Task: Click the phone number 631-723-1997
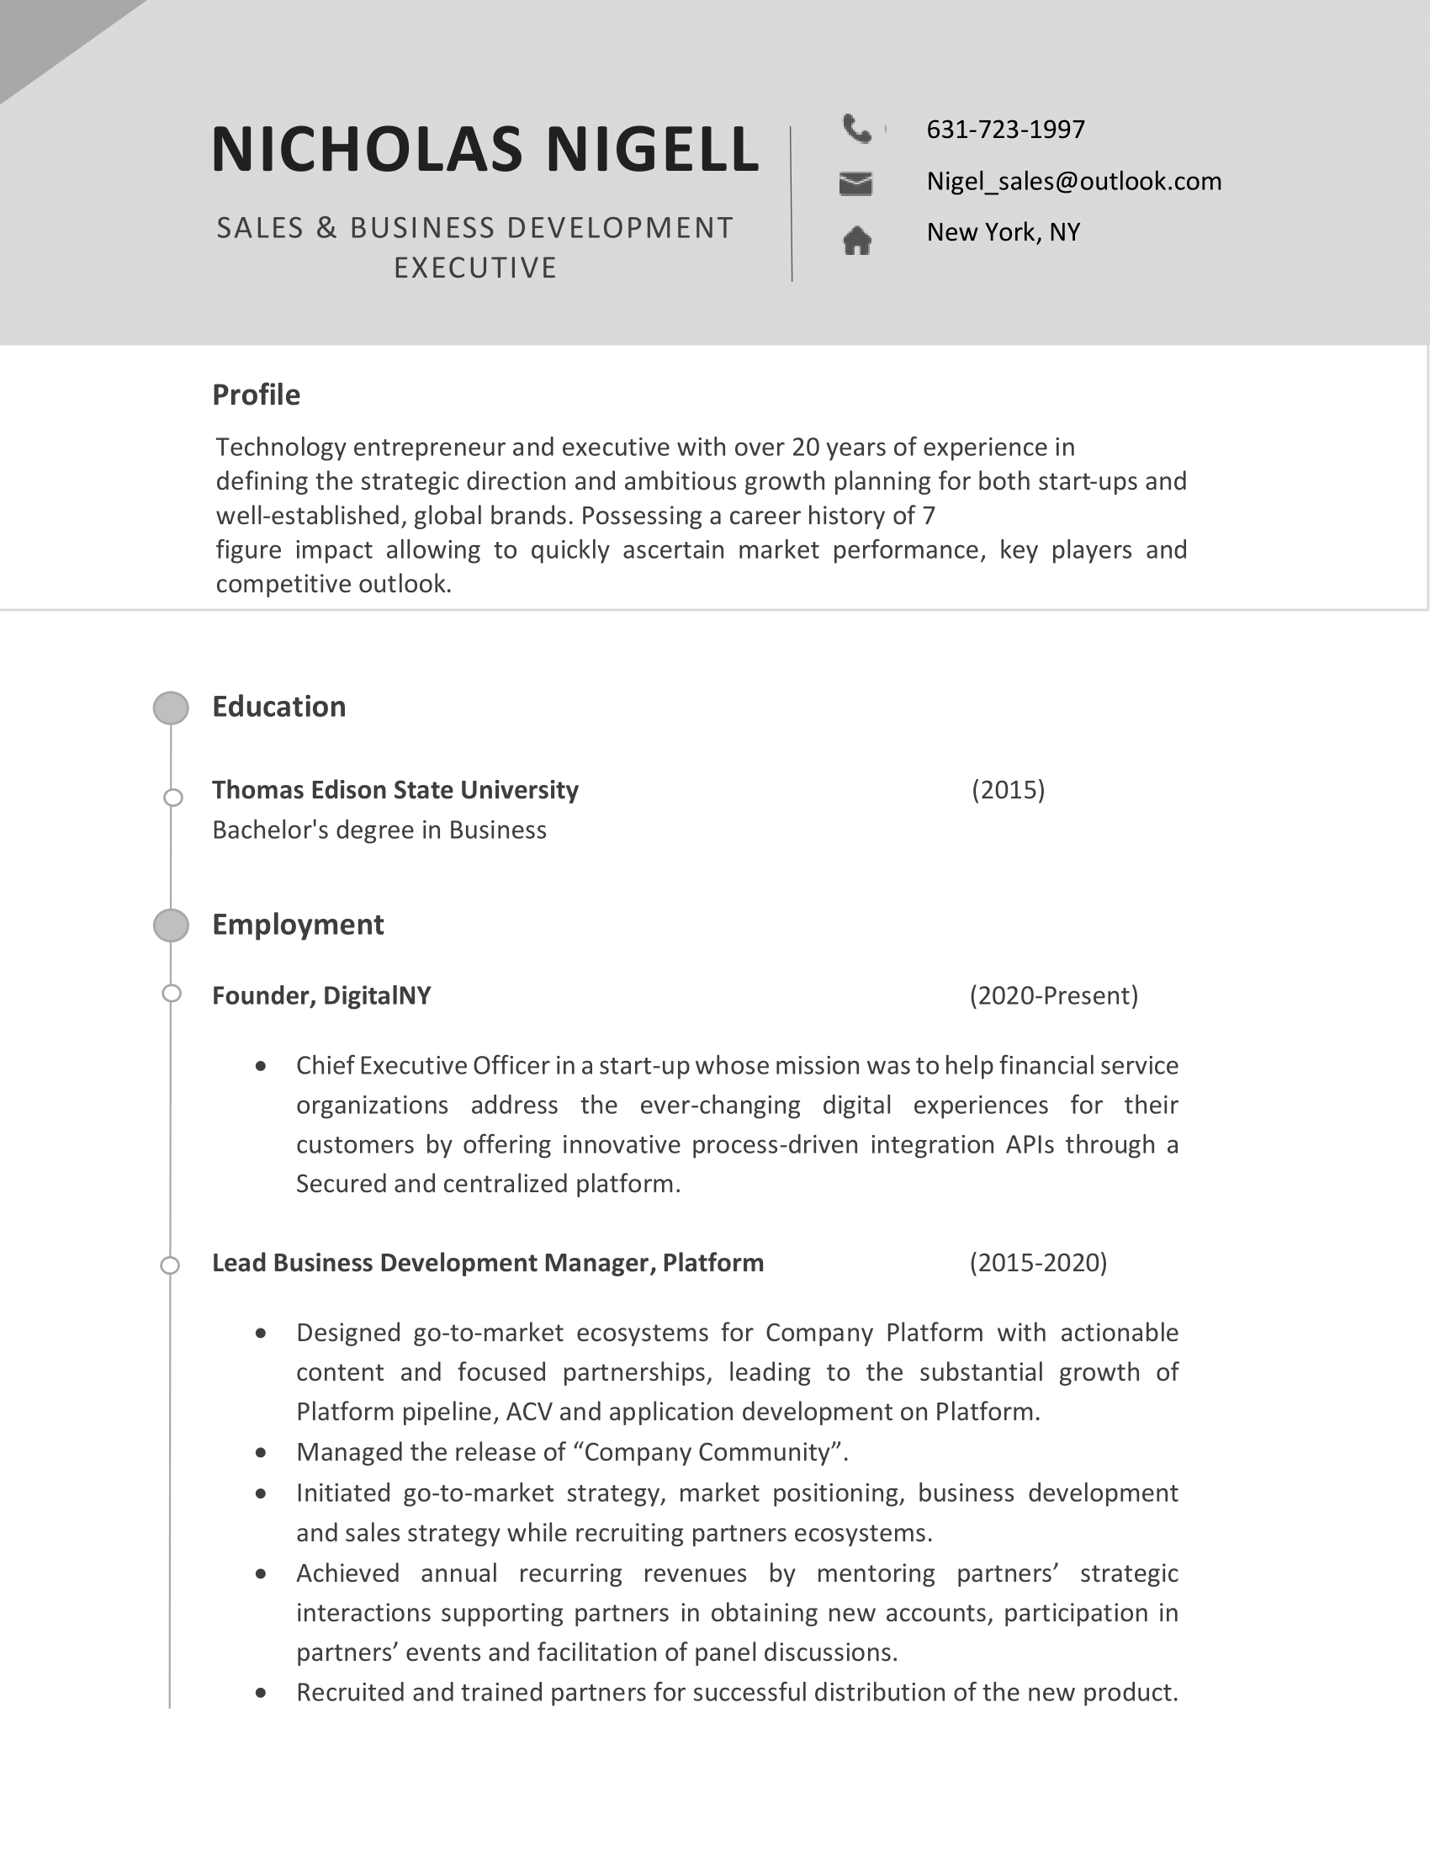coord(1004,130)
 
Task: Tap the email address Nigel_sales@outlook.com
coord(1073,182)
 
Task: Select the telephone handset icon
coord(856,129)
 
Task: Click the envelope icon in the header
coord(855,183)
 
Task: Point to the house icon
coord(856,241)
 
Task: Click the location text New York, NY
coord(1003,232)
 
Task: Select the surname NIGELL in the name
coord(652,150)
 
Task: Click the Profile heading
coord(256,395)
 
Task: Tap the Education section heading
coord(278,707)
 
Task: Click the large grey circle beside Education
coord(171,708)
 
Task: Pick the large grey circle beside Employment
coord(171,925)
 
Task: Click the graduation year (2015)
coord(1007,790)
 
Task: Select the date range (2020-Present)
coord(1053,996)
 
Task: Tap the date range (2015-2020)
coord(1038,1263)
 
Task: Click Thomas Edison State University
coord(395,790)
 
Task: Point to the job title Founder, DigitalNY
coord(321,996)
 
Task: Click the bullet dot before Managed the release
coord(261,1453)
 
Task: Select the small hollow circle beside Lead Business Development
coord(170,1265)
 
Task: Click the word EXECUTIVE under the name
coord(475,268)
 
